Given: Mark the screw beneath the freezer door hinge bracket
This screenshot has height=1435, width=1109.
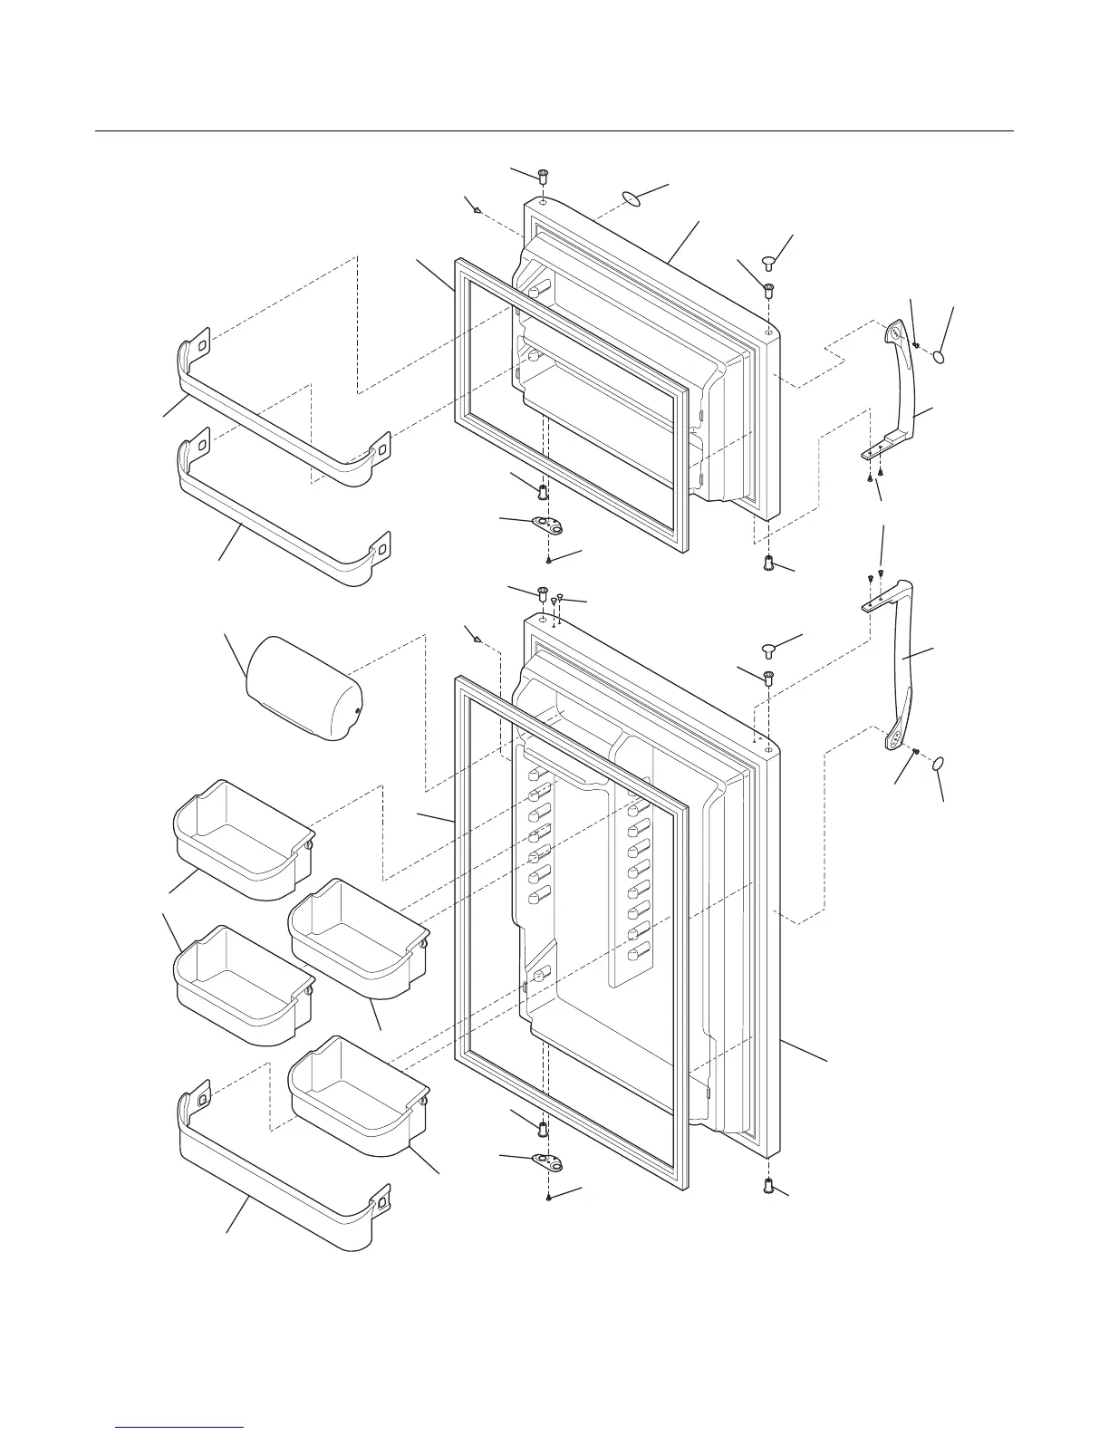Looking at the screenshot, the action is point(549,561).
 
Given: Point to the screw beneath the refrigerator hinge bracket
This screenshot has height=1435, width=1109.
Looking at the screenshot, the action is point(549,1198).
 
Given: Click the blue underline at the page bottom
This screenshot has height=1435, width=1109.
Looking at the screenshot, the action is point(181,1427).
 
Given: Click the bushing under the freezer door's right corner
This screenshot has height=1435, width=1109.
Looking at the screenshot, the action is point(769,563).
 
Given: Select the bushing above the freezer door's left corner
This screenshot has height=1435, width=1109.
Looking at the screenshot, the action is point(543,174).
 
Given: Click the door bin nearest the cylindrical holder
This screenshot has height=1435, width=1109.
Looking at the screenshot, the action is point(243,838).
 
